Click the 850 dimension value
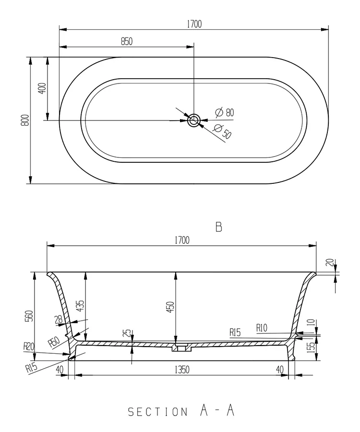pyautogui.click(x=126, y=41)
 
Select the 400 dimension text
pyautogui.click(x=42, y=88)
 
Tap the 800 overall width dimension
pyautogui.click(x=25, y=120)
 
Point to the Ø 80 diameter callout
pyautogui.click(x=224, y=112)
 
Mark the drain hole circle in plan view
pyautogui.click(x=194, y=120)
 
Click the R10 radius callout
pyautogui.click(x=262, y=328)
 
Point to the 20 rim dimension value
pyautogui.click(x=329, y=263)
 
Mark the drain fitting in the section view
pyautogui.click(x=181, y=347)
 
